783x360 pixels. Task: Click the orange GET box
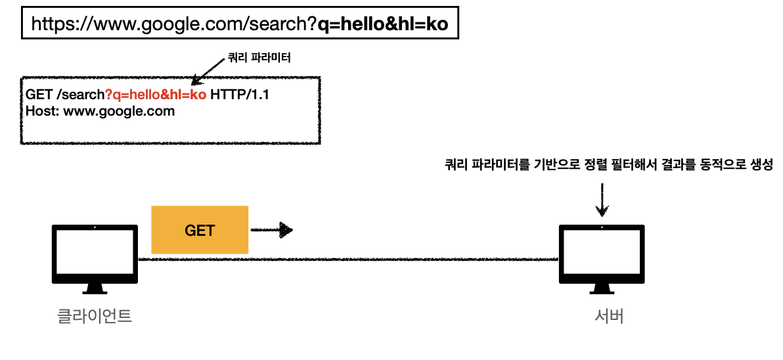click(x=200, y=230)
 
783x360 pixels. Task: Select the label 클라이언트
click(x=95, y=317)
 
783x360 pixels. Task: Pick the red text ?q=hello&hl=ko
click(x=156, y=95)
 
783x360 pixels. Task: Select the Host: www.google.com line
click(x=101, y=111)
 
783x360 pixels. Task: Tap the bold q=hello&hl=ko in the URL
click(x=382, y=24)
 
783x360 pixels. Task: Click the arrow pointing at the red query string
click(x=210, y=72)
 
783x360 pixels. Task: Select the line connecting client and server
click(x=348, y=259)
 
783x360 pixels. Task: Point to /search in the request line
click(x=81, y=95)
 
